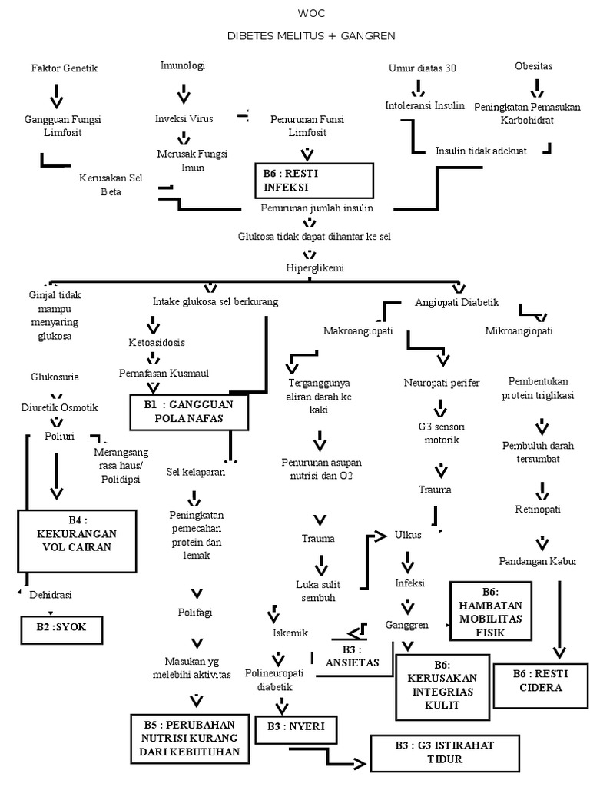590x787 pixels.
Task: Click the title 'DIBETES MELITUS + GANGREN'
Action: (x=311, y=36)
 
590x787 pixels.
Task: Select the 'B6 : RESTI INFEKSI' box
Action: (x=314, y=181)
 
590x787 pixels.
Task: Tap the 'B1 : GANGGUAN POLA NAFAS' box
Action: (x=190, y=411)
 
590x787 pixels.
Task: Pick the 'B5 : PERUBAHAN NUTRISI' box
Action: (x=191, y=738)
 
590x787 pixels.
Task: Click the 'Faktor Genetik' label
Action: (x=65, y=68)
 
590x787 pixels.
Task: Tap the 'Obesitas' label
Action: (x=533, y=66)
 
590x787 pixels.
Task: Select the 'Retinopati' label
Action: (x=538, y=509)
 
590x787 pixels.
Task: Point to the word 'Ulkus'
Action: (x=407, y=535)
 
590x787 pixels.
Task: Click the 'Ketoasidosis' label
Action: (x=157, y=342)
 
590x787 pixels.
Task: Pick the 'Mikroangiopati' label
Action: (x=519, y=331)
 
